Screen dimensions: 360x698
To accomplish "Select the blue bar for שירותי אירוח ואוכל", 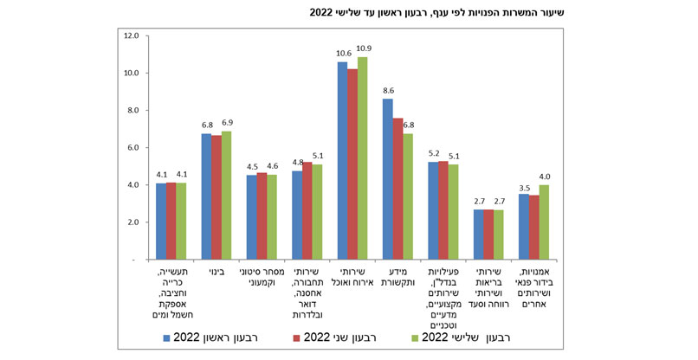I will tap(342, 160).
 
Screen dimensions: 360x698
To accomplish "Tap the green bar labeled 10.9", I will tap(363, 157).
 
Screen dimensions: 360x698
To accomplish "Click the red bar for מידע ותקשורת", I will tap(397, 188).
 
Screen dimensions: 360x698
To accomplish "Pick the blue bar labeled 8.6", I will tap(387, 178).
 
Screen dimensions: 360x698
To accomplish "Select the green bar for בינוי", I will tap(227, 195).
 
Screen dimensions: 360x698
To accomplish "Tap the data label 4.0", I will tap(546, 177).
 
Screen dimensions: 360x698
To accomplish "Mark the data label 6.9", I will tap(227, 124).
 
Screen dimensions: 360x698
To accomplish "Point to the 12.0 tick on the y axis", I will tap(131, 36).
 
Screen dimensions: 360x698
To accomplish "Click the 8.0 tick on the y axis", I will tap(131, 111).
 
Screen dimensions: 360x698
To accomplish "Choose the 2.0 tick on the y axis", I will tap(131, 222).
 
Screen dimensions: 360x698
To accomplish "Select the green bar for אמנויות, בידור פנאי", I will tap(544, 222).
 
